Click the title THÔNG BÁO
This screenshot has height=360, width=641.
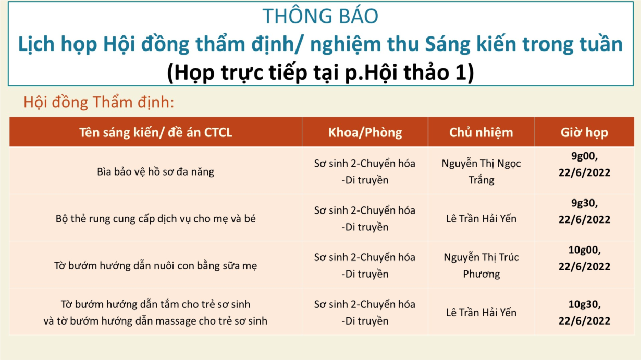[x=320, y=16]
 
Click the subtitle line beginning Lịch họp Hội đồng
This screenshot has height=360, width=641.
[x=320, y=44]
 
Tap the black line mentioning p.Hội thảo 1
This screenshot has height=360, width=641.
[x=320, y=72]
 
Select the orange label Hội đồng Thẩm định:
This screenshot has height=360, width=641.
[x=98, y=103]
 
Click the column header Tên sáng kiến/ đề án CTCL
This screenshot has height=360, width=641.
[x=156, y=132]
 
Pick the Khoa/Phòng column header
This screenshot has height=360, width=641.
[x=365, y=132]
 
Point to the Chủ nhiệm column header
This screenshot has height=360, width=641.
[x=481, y=132]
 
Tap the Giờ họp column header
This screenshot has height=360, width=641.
[x=584, y=132]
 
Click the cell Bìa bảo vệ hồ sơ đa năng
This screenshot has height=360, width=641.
[x=155, y=172]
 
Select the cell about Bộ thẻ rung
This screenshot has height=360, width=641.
[x=155, y=219]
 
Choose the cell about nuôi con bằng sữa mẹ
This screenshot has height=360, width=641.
[x=155, y=266]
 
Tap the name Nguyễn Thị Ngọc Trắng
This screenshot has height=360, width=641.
[x=481, y=172]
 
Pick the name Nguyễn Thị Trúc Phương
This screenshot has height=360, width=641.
[x=481, y=266]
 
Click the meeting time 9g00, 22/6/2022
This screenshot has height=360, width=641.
[x=584, y=164]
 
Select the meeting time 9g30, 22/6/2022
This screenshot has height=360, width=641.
[x=584, y=211]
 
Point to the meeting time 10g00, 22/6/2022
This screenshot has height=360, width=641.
[x=584, y=258]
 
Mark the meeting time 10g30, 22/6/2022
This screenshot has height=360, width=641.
[x=584, y=313]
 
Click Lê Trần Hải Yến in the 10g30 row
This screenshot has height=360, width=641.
[x=481, y=313]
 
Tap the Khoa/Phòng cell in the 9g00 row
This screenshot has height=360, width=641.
[x=365, y=172]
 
